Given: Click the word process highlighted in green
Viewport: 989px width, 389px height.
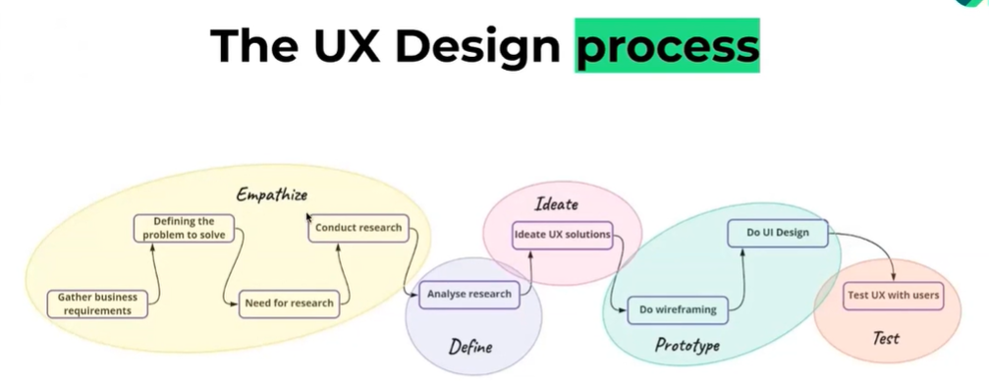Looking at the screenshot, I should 667,46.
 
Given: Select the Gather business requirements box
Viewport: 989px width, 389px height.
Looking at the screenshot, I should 96,304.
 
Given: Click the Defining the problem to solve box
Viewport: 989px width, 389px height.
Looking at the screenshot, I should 184,229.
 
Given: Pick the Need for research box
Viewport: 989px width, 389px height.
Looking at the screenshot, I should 288,303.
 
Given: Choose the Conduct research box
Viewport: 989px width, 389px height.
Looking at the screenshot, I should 357,228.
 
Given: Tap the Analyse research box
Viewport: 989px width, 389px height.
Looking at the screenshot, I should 468,294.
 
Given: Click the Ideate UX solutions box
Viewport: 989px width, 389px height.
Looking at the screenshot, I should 563,235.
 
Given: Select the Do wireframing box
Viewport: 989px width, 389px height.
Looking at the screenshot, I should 678,309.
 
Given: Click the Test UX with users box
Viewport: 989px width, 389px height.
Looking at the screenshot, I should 893,294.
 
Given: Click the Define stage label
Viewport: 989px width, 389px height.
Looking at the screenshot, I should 470,347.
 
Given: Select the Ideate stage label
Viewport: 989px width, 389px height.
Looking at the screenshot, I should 556,204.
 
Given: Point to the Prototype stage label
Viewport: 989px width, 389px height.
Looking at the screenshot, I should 687,346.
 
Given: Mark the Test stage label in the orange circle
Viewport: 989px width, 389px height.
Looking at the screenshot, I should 886,339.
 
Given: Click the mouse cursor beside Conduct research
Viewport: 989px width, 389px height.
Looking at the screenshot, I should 309,218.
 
